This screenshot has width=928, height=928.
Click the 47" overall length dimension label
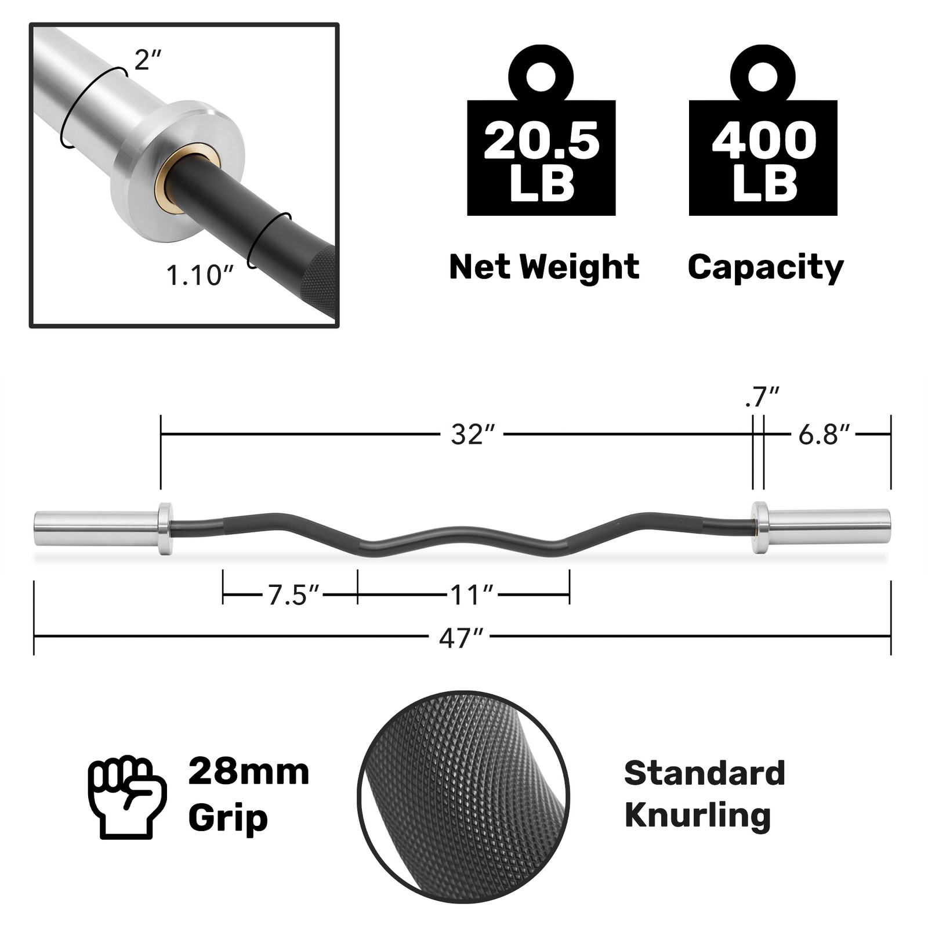[461, 638]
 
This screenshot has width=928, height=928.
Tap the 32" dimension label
[473, 434]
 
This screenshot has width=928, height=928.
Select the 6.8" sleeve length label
[824, 434]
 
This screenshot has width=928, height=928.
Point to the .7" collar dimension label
[761, 398]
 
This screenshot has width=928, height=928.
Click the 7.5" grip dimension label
[293, 595]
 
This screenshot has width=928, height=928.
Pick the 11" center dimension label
[472, 595]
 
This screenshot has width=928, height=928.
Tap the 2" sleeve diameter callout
[147, 60]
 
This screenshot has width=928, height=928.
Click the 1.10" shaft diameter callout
[200, 275]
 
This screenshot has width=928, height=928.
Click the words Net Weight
[543, 267]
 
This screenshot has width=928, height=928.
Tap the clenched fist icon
[127, 796]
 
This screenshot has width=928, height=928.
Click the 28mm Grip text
[248, 795]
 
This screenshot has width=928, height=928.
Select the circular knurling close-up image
[463, 796]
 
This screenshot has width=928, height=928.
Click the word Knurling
[697, 815]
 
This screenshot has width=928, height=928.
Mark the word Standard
[704, 773]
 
